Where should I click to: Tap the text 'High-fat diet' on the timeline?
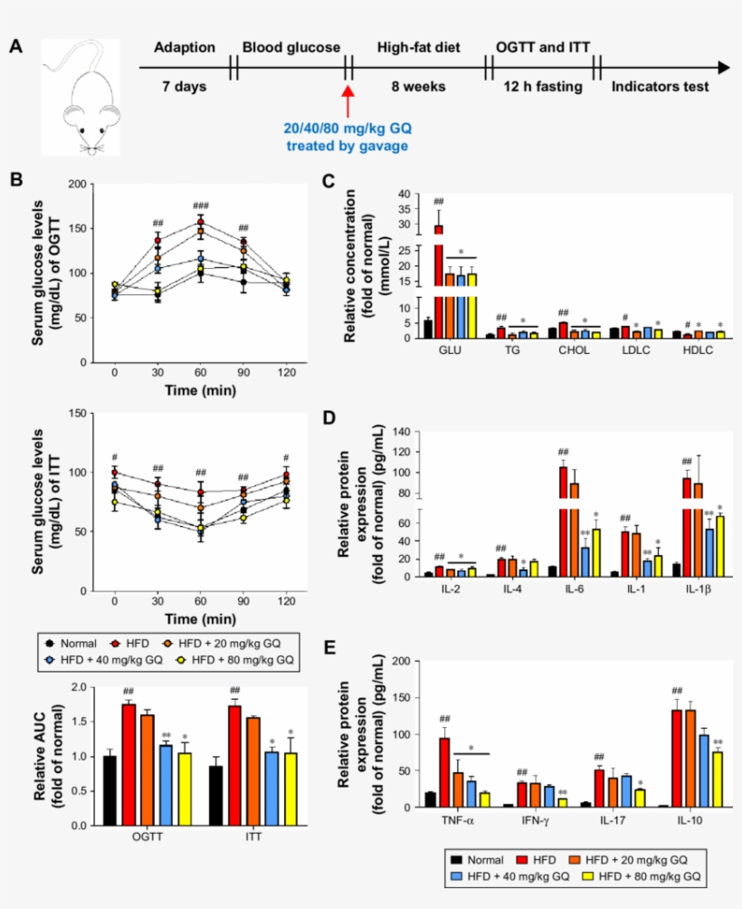pos(416,47)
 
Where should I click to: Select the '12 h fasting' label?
pos(541,87)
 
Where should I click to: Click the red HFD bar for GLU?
pos(439,281)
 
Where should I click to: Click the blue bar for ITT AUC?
pos(271,788)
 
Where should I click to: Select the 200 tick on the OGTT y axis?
pos(78,184)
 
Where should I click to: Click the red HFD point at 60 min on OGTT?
pos(201,223)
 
